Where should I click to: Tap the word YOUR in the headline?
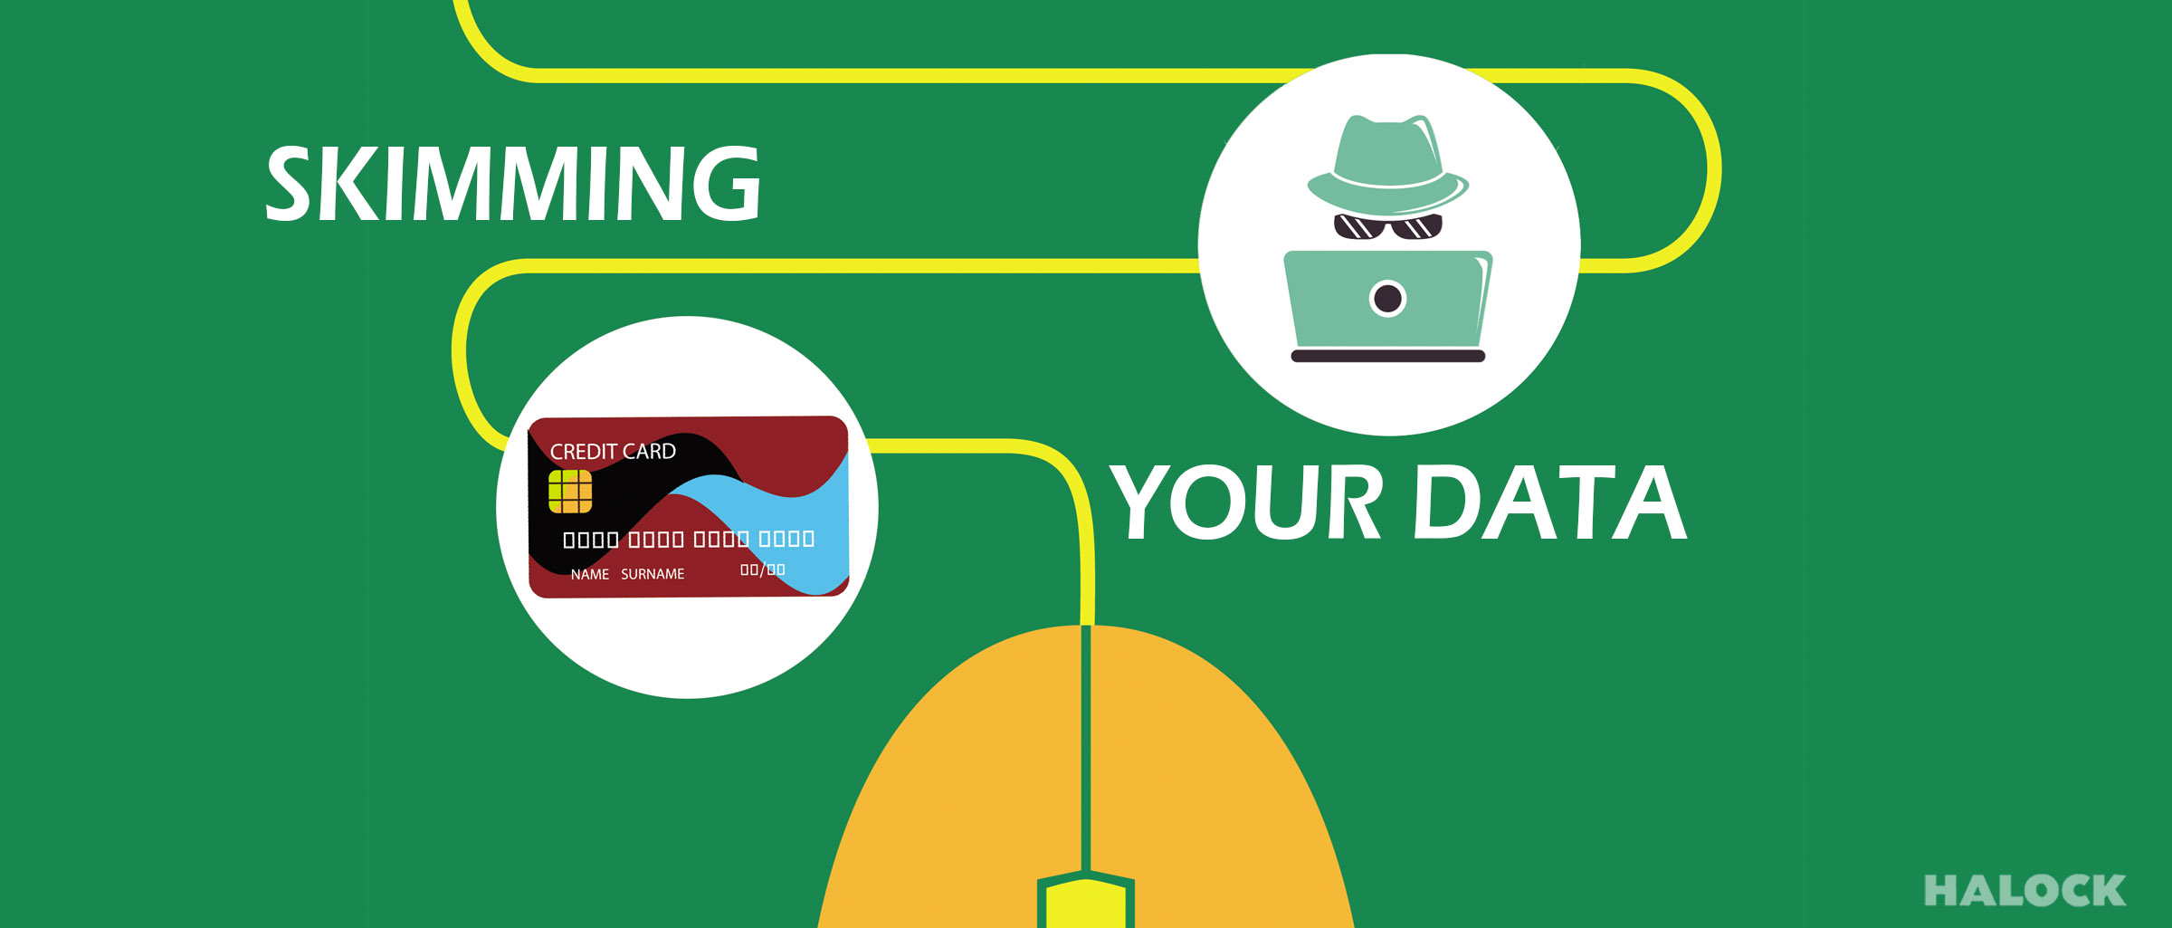(x=1246, y=502)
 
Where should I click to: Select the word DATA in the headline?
(x=1550, y=502)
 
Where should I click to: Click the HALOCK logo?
(x=2024, y=891)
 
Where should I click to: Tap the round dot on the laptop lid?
(x=1387, y=298)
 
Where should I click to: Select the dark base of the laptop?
(x=1387, y=356)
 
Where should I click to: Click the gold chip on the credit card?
(x=570, y=492)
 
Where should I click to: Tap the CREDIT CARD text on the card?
(x=613, y=451)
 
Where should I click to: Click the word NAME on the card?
(x=589, y=574)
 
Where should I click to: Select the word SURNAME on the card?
(x=653, y=574)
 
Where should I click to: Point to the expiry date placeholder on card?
(x=763, y=569)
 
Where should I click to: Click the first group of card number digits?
(x=591, y=540)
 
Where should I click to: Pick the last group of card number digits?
(x=786, y=539)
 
